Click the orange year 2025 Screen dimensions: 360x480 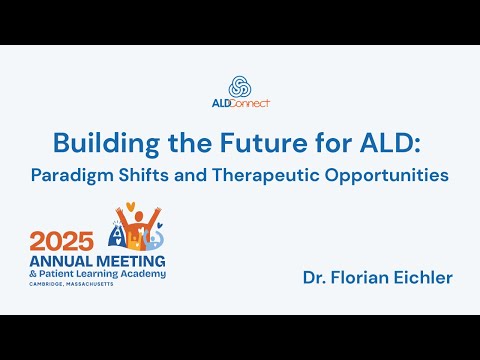62,240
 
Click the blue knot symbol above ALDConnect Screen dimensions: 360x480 240,85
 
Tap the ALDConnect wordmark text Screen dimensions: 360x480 240,102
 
